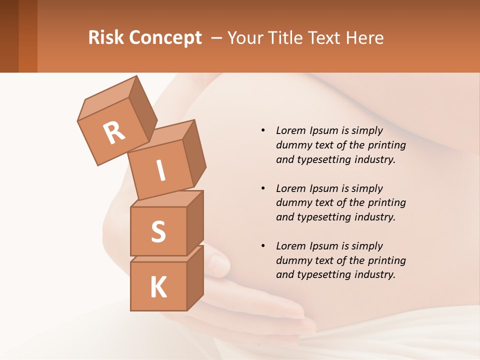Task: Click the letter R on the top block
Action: coord(114,132)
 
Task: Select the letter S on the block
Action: coord(158,232)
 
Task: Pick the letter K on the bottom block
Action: coord(158,287)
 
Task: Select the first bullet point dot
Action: coord(263,130)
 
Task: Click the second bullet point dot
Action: coord(263,188)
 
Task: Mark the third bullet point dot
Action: coord(263,246)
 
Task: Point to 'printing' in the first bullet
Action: coord(387,145)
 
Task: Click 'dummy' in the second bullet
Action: coord(291,202)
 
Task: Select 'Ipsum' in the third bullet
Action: coord(325,245)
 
